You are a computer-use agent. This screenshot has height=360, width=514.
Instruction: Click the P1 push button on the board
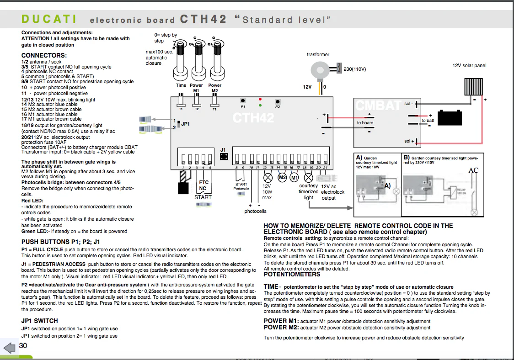coord(243,101)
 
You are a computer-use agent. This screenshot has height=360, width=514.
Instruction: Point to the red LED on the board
coord(260,99)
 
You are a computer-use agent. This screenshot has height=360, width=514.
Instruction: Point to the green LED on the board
coord(260,105)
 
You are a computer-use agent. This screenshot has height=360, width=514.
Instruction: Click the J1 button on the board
coord(224,156)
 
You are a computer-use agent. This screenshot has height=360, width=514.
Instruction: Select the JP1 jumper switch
coord(179,124)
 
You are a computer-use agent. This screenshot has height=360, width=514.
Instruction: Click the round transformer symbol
coord(319,70)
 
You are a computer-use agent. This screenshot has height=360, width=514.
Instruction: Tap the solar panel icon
coord(474,85)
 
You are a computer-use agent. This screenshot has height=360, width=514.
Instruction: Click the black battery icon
coord(450,118)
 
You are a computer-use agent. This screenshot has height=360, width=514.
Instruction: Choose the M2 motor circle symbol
coord(282,177)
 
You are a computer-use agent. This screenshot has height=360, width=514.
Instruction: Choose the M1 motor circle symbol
coord(294,177)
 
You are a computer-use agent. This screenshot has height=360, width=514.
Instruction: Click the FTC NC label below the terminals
coord(203,185)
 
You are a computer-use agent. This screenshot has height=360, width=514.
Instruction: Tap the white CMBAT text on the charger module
coord(379,106)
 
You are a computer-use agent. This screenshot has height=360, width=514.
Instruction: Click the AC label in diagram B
coord(474,170)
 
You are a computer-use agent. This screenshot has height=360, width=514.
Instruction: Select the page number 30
coord(23,346)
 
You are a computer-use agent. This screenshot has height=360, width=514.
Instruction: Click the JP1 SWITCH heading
coord(39,321)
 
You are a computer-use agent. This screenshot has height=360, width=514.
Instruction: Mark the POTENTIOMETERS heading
coord(292,275)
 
